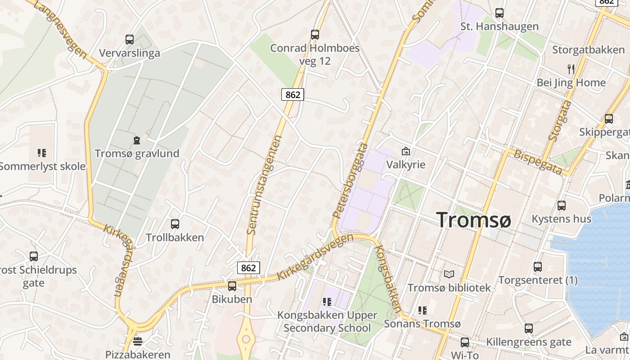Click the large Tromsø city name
(x=474, y=220)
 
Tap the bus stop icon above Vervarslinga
(x=130, y=40)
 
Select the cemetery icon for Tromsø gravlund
(x=137, y=140)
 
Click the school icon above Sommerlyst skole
(x=42, y=153)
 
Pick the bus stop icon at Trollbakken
(x=175, y=224)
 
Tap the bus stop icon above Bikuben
(x=232, y=286)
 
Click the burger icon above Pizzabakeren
(x=138, y=341)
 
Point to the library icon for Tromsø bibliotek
(x=449, y=274)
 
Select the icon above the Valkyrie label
(x=406, y=151)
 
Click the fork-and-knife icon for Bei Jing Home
(x=571, y=69)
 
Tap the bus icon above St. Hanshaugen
(x=499, y=13)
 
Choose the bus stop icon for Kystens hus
(x=562, y=206)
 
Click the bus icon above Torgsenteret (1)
(x=538, y=267)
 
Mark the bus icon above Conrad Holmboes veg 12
(x=315, y=34)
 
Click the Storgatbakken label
(x=589, y=49)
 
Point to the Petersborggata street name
(x=351, y=181)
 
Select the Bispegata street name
(x=538, y=161)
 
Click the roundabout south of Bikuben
(x=246, y=338)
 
